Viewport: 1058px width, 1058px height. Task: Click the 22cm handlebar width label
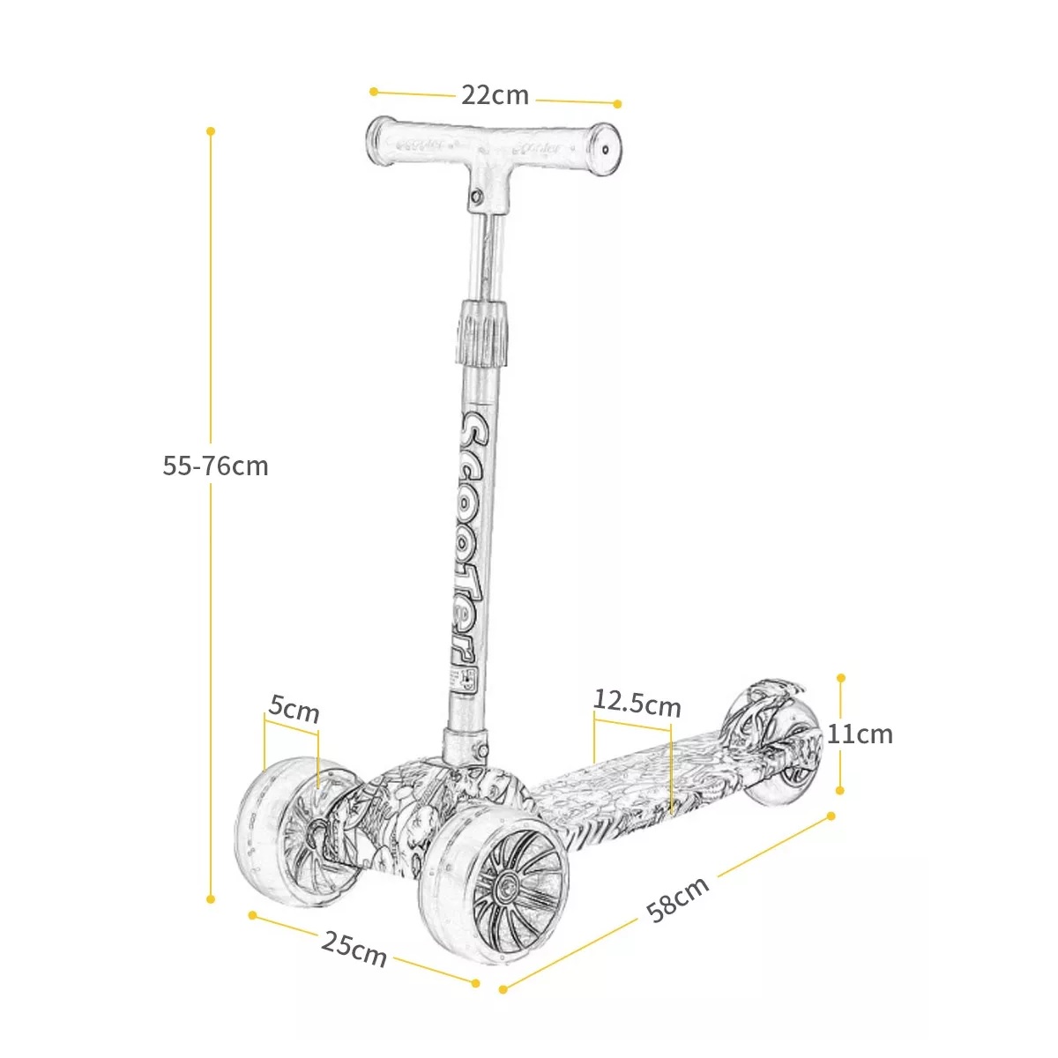click(x=495, y=95)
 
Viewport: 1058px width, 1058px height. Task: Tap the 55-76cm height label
click(x=215, y=466)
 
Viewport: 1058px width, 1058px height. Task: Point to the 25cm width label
click(x=354, y=949)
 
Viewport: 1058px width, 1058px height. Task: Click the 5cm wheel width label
click(x=294, y=708)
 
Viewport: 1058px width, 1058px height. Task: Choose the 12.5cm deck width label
click(x=637, y=703)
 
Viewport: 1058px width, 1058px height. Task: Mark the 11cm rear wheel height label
click(x=860, y=734)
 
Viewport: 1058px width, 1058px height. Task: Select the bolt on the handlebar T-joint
click(x=476, y=197)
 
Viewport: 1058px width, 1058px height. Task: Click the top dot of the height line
click(x=211, y=131)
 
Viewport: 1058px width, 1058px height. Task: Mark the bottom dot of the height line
click(x=211, y=899)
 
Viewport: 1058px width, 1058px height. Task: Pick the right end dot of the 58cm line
click(x=831, y=816)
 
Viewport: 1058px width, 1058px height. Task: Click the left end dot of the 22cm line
click(x=374, y=91)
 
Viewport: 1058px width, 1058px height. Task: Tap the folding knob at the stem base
click(x=482, y=749)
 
